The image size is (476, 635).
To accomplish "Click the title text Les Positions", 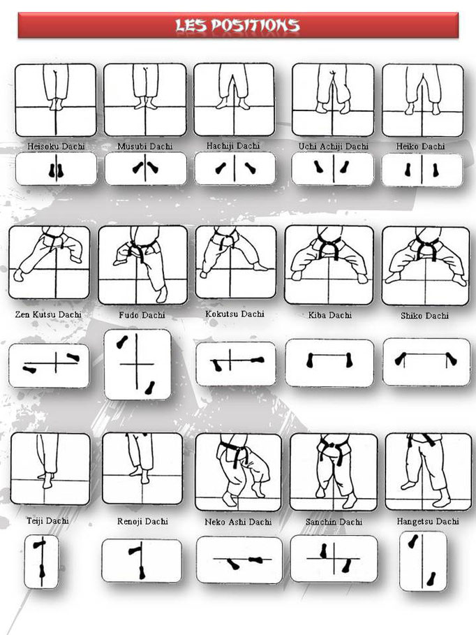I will click(x=237, y=26).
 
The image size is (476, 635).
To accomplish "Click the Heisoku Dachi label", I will click(x=55, y=147).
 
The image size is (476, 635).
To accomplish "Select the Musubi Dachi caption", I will click(x=145, y=147).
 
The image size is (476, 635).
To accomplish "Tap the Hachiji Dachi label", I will click(x=233, y=146).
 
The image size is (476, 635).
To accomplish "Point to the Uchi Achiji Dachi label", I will click(x=333, y=147).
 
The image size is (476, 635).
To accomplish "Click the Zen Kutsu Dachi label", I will click(x=48, y=315).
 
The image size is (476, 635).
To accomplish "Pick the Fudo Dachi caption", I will click(x=143, y=316).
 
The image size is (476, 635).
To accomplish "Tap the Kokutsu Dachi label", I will click(x=235, y=314).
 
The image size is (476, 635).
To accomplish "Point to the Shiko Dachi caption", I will click(x=424, y=316).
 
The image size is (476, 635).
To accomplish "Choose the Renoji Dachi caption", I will click(x=142, y=522).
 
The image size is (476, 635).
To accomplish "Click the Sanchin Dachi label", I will click(x=334, y=523).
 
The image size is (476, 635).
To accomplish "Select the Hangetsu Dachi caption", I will click(x=428, y=522).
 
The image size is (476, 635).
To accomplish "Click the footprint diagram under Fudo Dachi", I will click(x=137, y=365).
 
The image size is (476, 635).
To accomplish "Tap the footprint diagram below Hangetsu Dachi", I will click(x=423, y=561).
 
